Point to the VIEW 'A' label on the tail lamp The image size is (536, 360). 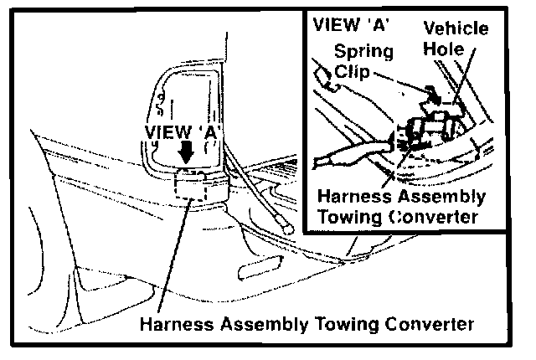182,132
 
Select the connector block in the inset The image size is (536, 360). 427,126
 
